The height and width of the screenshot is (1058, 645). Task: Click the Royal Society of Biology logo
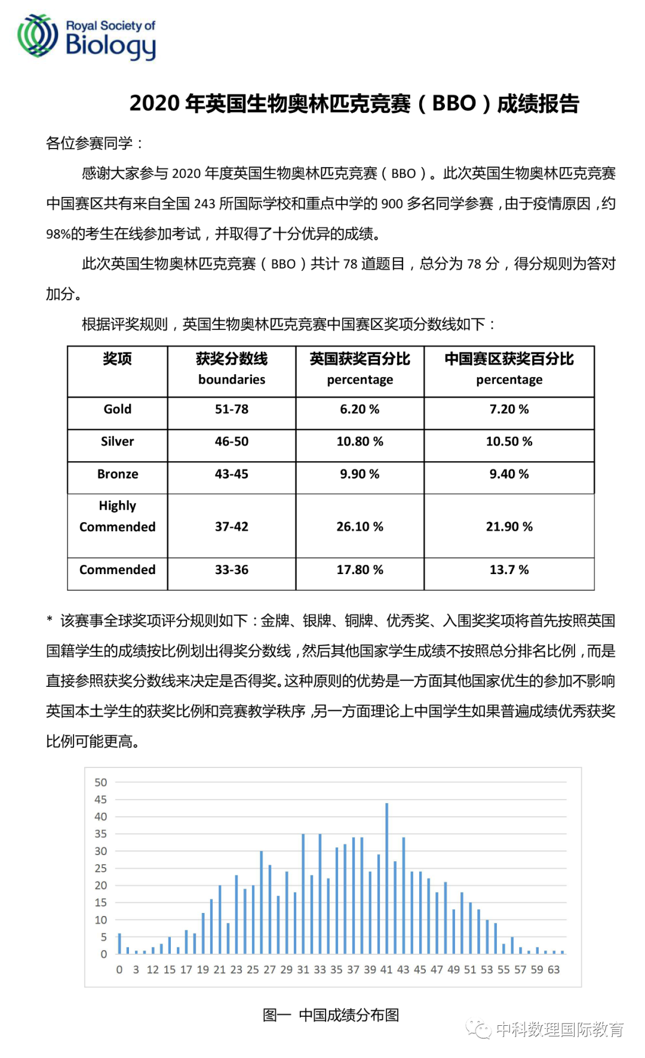pos(87,37)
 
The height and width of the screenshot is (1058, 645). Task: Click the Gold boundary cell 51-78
pos(232,409)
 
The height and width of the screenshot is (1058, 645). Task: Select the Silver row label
pos(117,442)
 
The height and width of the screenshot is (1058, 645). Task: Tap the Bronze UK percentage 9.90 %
pos(360,474)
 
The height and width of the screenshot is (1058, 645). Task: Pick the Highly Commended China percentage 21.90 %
pos(509,527)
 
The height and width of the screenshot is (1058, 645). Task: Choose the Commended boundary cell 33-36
pos(232,570)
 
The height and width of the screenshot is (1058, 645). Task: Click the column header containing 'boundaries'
pos(232,369)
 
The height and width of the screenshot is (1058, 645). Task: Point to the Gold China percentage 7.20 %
pos(509,409)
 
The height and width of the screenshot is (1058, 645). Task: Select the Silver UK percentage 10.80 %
pos(360,442)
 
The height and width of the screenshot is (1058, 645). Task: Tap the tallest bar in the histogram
pos(386,877)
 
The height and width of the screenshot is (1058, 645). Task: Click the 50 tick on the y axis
pos(101,782)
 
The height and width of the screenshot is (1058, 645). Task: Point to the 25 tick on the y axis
pos(101,868)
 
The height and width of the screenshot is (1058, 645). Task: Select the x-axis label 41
pos(386,970)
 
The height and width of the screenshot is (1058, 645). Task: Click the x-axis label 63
pos(554,970)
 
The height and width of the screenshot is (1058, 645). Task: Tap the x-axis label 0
pos(119,970)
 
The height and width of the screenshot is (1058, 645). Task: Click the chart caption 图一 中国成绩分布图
pos(331,1015)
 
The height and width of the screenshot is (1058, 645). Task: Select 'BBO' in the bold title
pos(454,104)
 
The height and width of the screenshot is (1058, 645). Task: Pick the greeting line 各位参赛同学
pos(94,143)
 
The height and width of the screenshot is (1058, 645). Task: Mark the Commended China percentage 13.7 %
pos(509,570)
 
